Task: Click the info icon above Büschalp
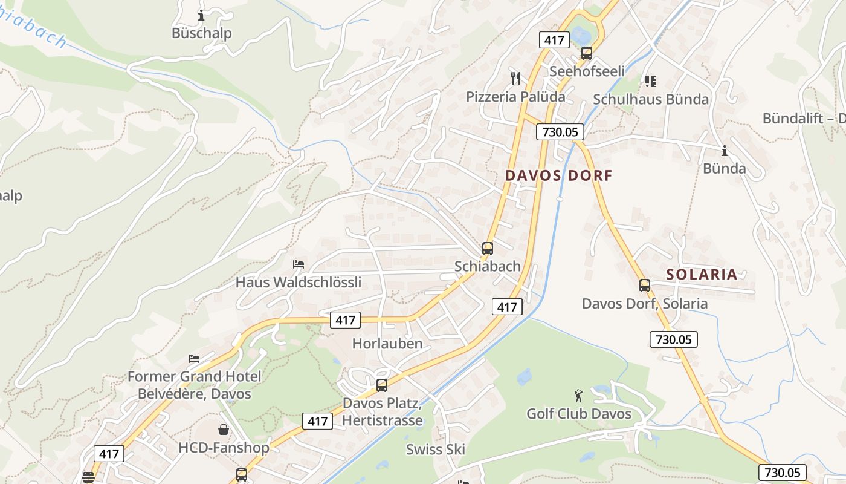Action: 201,15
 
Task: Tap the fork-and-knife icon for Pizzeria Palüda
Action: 515,78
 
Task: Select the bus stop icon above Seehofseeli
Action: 586,53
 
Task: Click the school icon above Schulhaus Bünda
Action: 650,81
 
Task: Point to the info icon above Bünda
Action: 724,151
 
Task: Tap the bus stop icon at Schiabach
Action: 488,248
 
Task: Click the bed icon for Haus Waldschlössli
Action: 298,264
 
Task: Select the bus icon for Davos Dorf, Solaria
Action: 645,285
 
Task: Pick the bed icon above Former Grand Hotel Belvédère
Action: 194,359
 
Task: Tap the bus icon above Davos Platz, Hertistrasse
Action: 382,385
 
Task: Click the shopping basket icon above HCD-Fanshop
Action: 224,430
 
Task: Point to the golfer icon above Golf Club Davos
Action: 578,396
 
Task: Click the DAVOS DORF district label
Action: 558,175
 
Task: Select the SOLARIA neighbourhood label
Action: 702,274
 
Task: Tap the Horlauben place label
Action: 387,344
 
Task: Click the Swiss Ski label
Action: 435,449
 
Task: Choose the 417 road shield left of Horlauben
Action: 345,320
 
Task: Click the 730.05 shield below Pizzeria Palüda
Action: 560,131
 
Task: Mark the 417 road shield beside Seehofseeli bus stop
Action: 554,41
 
